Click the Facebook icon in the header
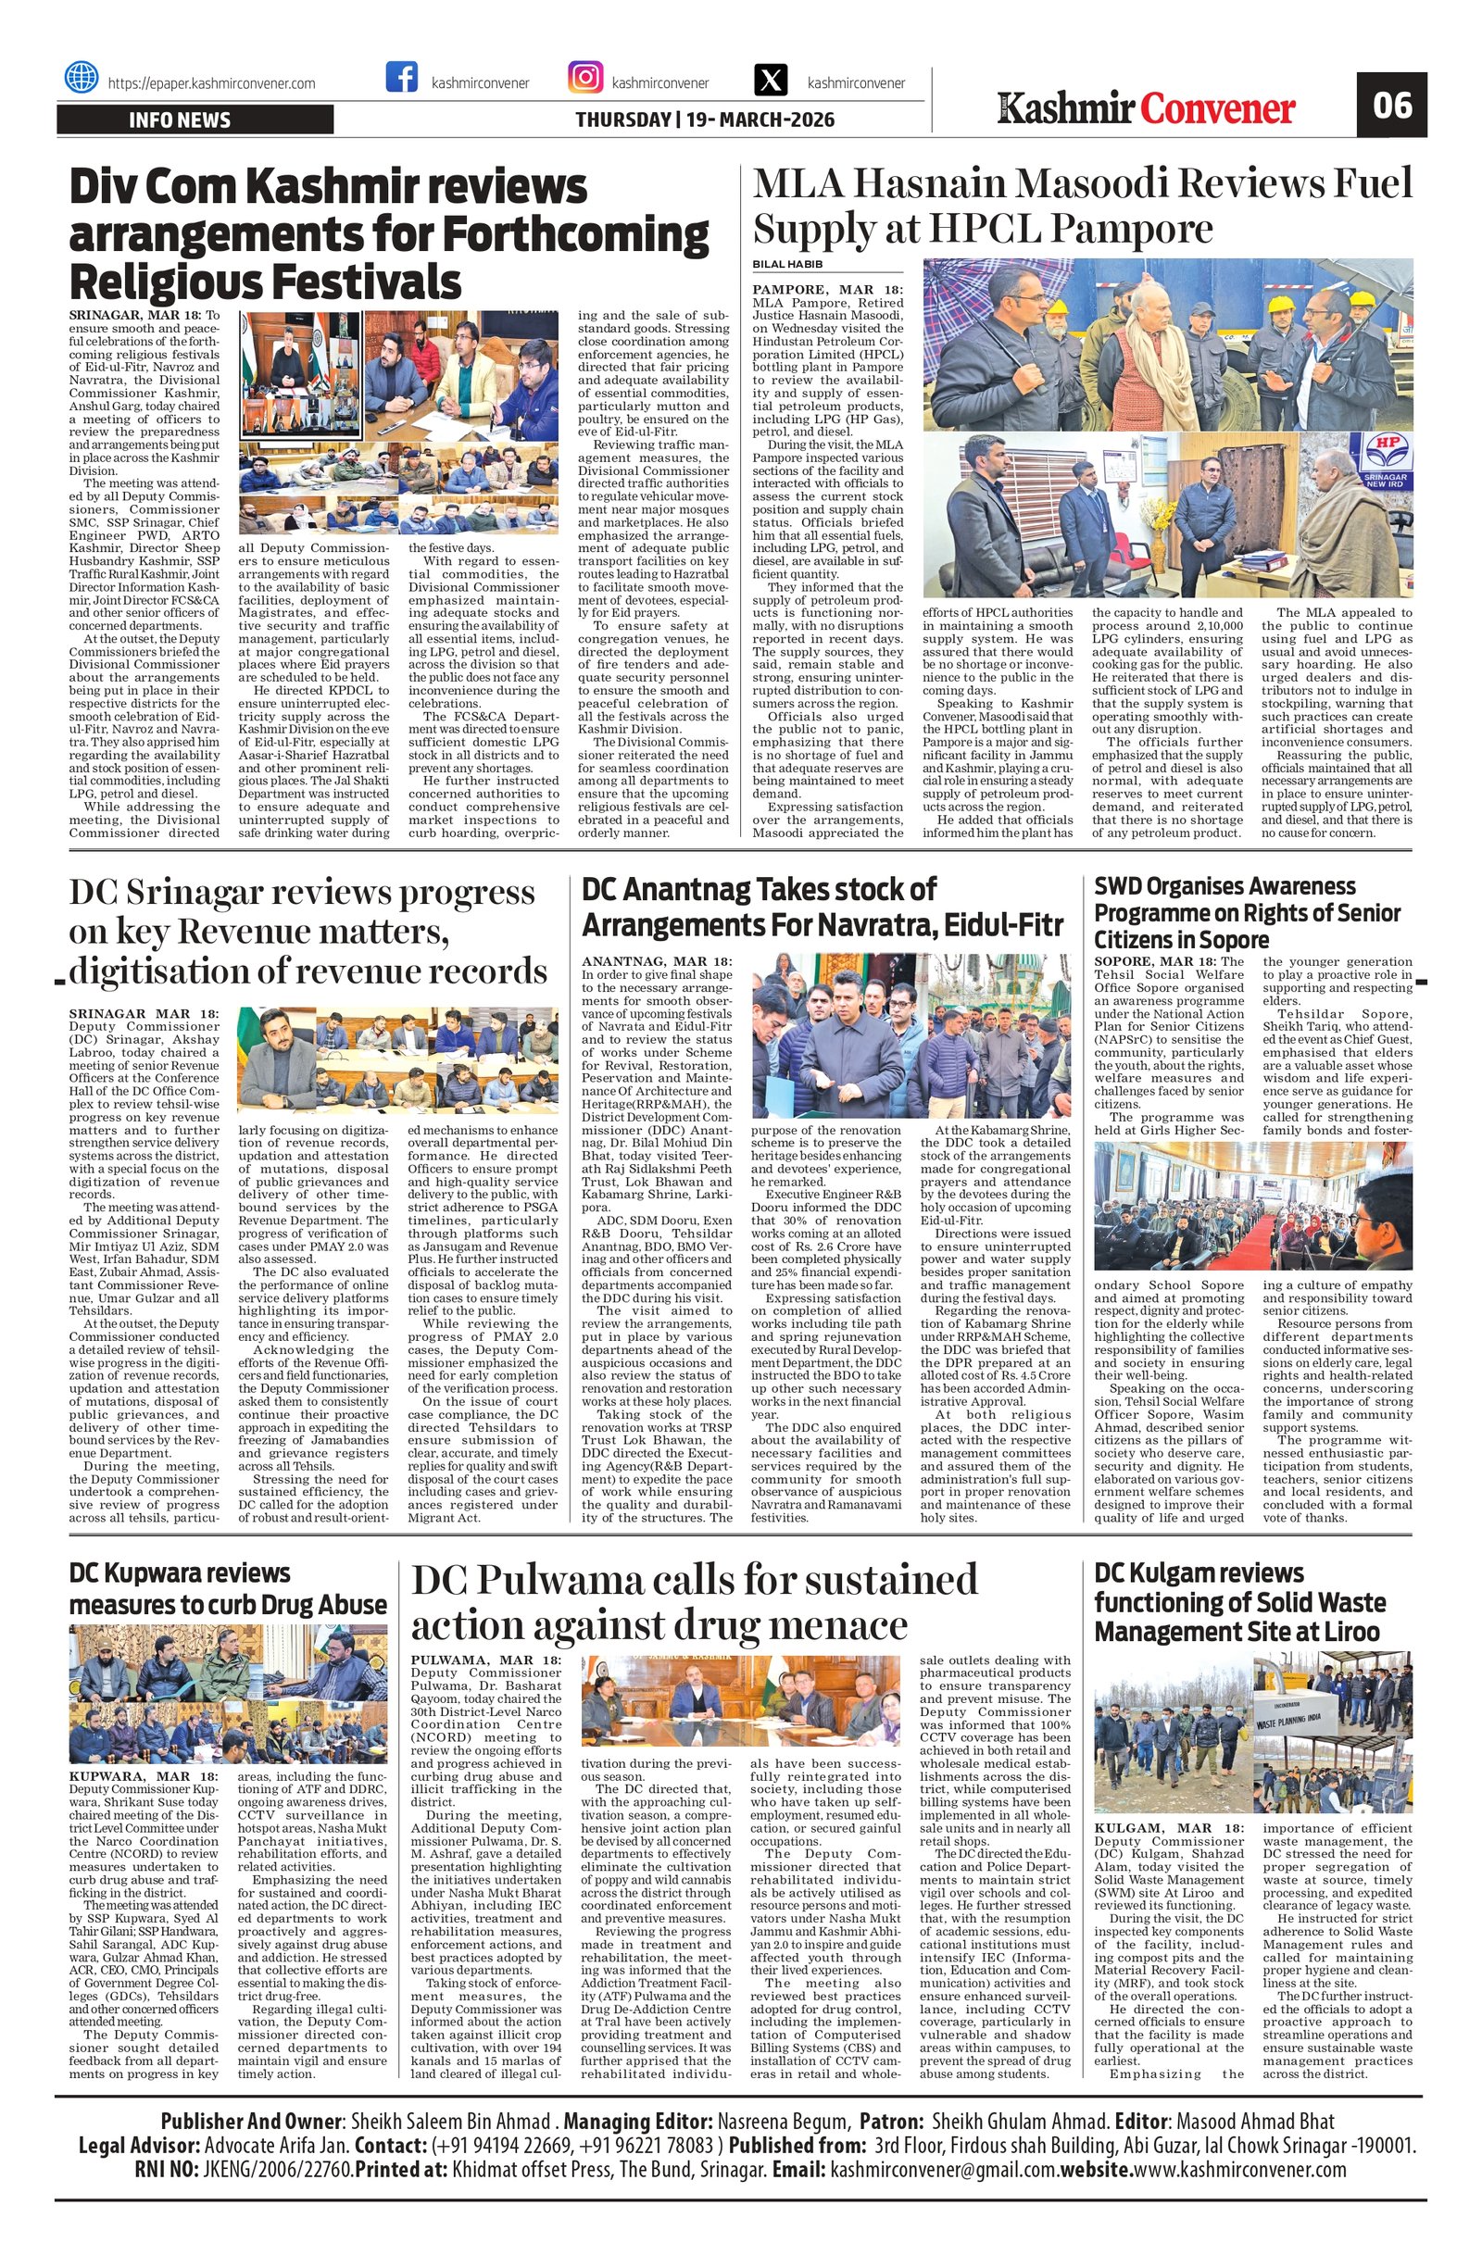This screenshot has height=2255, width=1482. [402, 78]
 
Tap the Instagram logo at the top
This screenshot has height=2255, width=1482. [585, 78]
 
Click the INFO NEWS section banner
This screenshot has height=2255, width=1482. [195, 120]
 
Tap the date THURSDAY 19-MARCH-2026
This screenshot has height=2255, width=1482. [705, 120]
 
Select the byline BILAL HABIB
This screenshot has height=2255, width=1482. [787, 263]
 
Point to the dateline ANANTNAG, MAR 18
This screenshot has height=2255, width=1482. [656, 961]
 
